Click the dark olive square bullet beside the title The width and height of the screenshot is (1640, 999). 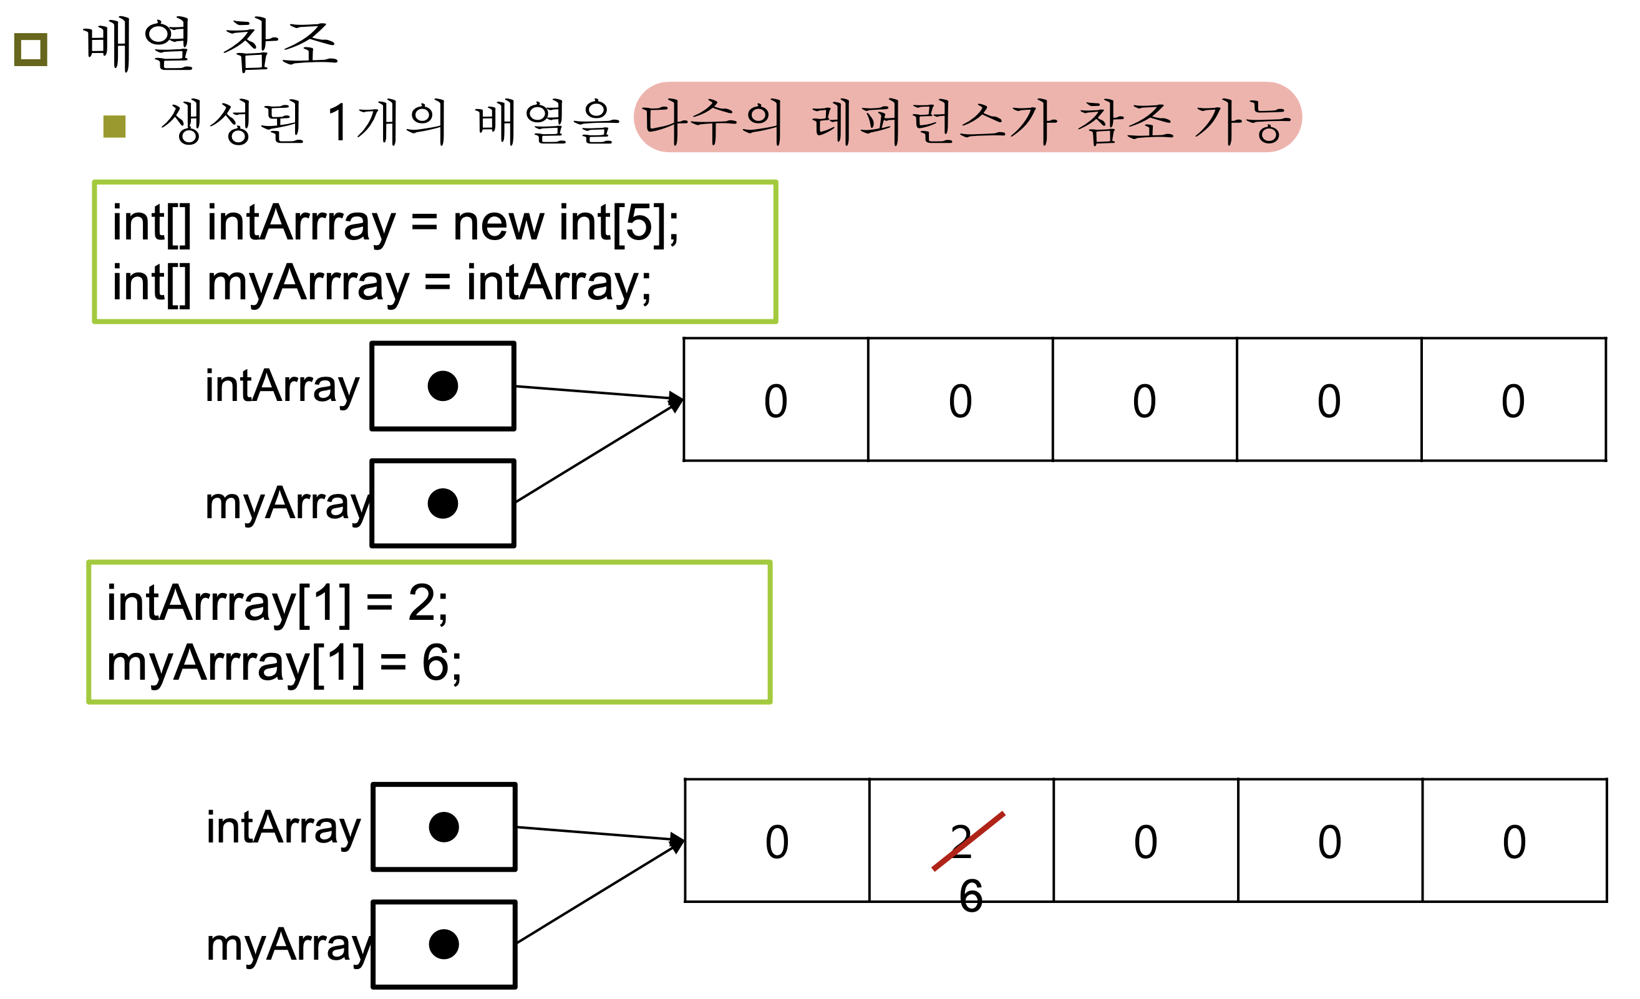click(x=31, y=50)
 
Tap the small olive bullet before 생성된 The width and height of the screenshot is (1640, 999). click(x=115, y=127)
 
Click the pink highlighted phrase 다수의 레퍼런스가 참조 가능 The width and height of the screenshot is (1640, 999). click(x=966, y=118)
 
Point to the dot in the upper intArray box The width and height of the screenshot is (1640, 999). click(x=443, y=386)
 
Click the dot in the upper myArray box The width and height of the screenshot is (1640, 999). click(x=443, y=503)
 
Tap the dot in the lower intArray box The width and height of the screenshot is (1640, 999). click(x=444, y=828)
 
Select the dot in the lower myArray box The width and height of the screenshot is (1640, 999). click(x=444, y=944)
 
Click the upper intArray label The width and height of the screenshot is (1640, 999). click(x=281, y=387)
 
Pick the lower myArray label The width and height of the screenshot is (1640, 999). click(x=288, y=945)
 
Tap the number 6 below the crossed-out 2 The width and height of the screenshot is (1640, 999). click(x=971, y=896)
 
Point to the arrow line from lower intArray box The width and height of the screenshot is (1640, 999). click(x=596, y=832)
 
